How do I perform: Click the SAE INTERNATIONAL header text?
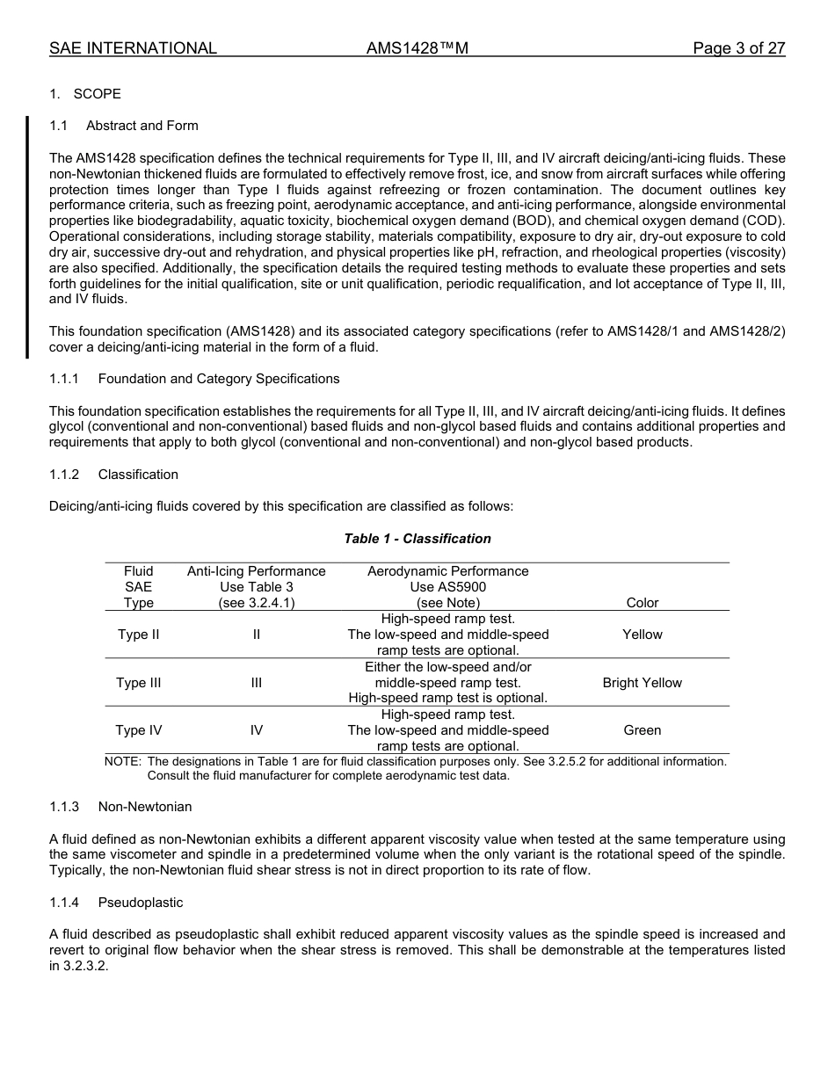(x=133, y=48)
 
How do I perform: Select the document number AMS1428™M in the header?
(x=417, y=48)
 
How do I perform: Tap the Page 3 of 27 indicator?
(x=738, y=48)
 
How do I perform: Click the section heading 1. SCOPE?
(x=85, y=94)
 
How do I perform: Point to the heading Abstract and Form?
(x=142, y=126)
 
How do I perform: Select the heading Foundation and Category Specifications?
(x=218, y=379)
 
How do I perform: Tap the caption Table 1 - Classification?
(x=417, y=539)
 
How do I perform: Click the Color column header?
(x=642, y=603)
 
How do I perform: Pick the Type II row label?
(x=138, y=635)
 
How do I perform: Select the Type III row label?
(x=138, y=683)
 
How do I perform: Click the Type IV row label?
(x=138, y=730)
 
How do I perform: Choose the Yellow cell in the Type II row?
(x=642, y=635)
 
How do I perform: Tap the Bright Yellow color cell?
(x=642, y=683)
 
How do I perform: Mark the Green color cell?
(x=642, y=730)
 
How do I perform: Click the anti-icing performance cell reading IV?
(x=256, y=730)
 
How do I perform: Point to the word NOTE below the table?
(x=123, y=761)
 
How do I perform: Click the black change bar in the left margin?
(x=26, y=237)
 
